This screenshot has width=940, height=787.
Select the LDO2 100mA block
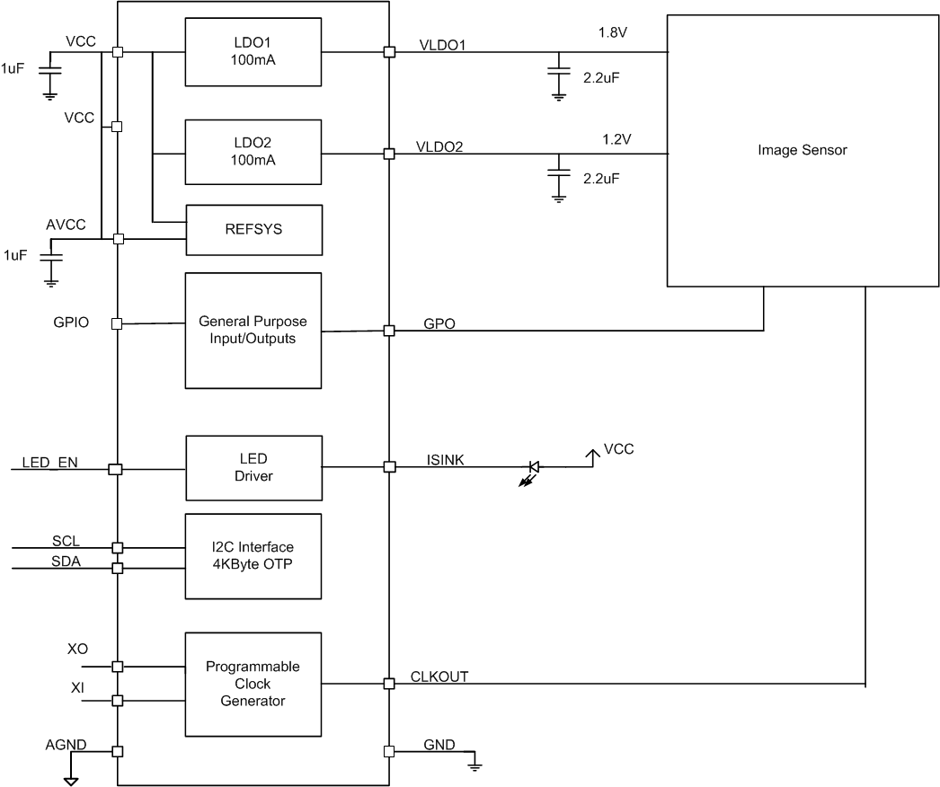(253, 153)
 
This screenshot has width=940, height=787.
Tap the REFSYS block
(253, 229)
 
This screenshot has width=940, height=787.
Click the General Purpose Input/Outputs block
(253, 330)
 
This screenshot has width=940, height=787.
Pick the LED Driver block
(253, 467)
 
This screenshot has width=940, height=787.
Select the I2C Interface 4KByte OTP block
(253, 555)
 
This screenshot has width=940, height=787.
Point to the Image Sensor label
(802, 151)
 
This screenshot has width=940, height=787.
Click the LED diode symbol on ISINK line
(533, 467)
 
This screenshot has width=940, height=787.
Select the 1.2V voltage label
(618, 140)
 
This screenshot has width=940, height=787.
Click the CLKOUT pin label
(439, 676)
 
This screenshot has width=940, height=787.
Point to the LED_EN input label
(49, 463)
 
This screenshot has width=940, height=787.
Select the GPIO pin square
(117, 323)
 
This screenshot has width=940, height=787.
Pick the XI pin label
(78, 688)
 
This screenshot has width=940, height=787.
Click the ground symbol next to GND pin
(474, 765)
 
